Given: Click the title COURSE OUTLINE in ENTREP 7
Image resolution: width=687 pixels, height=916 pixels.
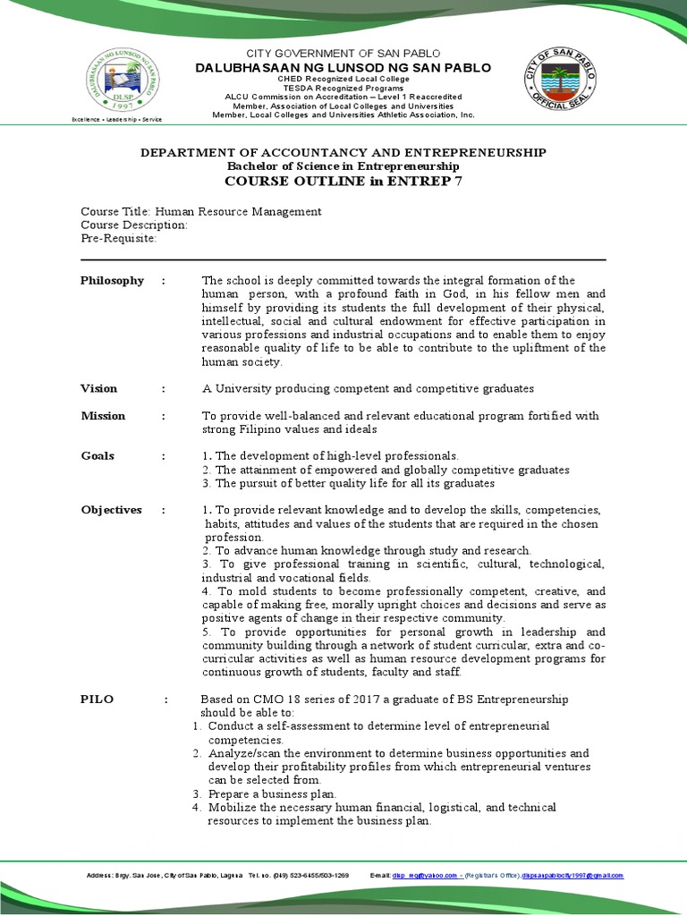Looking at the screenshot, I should (343, 182).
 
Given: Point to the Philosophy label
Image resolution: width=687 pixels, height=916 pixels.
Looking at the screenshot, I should (112, 281).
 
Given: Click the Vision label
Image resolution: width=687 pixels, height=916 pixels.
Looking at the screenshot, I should (98, 388).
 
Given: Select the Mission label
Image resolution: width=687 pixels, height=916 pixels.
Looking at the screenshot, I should (103, 416).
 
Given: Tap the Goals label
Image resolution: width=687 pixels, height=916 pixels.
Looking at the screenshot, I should (98, 456).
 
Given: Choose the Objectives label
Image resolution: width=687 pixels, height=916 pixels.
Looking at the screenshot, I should (111, 510).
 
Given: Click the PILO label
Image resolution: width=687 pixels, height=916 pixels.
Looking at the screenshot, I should (97, 700).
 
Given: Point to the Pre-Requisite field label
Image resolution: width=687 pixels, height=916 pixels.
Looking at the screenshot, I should (119, 239).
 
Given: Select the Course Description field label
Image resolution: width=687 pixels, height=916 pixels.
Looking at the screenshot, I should (134, 225).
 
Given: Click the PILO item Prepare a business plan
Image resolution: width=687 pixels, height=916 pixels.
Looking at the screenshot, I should (272, 794).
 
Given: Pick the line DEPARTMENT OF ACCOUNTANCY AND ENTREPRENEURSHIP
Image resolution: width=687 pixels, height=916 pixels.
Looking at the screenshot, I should (343, 153).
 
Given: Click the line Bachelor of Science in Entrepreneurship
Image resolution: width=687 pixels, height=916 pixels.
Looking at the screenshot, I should (343, 166).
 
